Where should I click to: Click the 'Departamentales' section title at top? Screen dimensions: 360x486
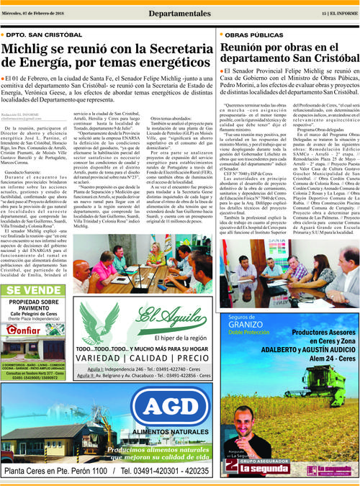pyautogui.click(x=180, y=13)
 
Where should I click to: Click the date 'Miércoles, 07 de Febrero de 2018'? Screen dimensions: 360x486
pyautogui.click(x=38, y=13)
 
